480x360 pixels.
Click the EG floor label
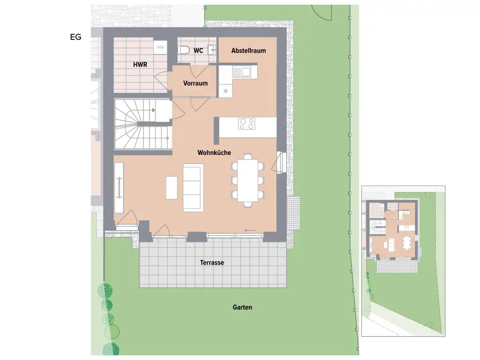(75, 37)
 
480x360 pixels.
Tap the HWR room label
(140, 65)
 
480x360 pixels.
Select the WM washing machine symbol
(160, 47)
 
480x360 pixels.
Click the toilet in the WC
(183, 50)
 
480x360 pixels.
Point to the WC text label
(198, 50)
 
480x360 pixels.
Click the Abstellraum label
(248, 50)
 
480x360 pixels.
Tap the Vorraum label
(195, 83)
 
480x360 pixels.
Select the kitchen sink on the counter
(245, 72)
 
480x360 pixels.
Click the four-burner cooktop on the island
(247, 124)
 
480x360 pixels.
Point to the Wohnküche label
(214, 153)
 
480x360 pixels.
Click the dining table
(247, 180)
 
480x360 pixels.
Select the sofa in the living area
(193, 187)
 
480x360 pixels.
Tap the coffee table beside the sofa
(172, 187)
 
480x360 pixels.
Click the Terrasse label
(212, 262)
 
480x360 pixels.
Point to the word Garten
(242, 307)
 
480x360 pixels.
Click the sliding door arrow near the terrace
(250, 230)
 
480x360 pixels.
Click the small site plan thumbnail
(403, 261)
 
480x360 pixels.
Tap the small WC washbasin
(212, 49)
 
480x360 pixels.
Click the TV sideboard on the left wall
(119, 187)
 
